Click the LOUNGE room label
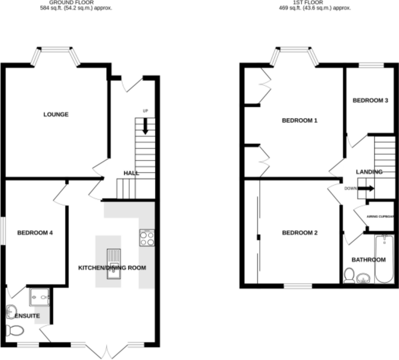(56, 115)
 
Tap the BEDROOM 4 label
(35, 232)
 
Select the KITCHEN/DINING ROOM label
(112, 268)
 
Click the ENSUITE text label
(27, 316)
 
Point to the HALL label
(131, 173)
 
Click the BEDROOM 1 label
(299, 121)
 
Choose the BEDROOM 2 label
(300, 233)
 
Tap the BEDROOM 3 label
(371, 101)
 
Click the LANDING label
(369, 172)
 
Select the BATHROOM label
(369, 260)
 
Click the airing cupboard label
(380, 217)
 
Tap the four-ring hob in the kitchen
(147, 238)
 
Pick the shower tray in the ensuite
(40, 298)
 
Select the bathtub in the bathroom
(384, 260)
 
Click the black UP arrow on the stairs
(145, 125)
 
